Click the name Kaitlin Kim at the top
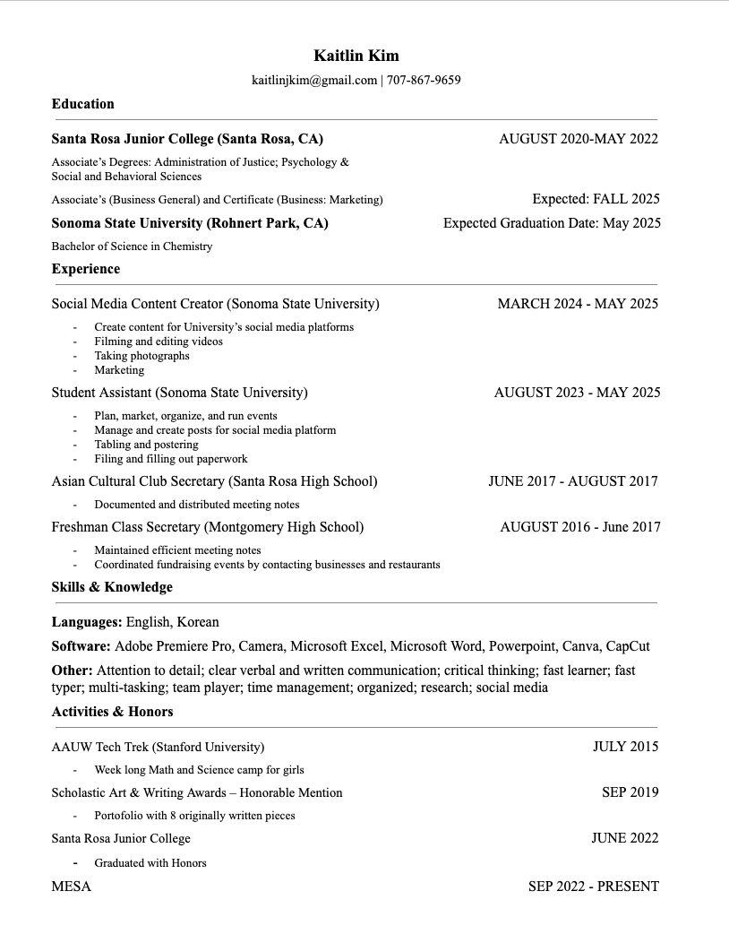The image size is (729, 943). click(356, 56)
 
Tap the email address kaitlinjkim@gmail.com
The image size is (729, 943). click(314, 81)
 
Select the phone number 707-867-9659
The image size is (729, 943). click(424, 81)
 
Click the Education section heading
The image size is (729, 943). click(83, 104)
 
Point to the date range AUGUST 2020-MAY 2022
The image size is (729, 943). click(578, 139)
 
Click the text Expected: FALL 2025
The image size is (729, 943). click(596, 199)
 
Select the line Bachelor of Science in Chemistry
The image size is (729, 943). click(132, 247)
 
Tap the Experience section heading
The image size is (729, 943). click(86, 269)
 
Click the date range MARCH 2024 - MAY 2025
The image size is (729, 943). click(578, 304)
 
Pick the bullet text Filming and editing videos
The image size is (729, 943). click(159, 342)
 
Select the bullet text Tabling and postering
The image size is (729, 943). click(146, 445)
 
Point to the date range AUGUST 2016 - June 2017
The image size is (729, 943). click(579, 527)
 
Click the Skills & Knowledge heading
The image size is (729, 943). click(112, 587)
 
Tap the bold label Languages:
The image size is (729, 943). click(87, 622)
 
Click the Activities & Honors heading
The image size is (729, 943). click(113, 712)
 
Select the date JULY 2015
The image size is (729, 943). click(625, 747)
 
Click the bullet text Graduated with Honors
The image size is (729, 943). click(150, 863)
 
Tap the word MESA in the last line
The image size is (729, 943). click(72, 887)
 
